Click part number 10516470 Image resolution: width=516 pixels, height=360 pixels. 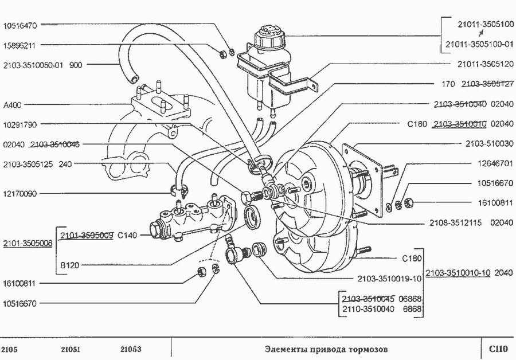20,25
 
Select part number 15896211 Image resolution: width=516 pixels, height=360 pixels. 20,45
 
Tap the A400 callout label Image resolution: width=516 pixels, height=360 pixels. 12,105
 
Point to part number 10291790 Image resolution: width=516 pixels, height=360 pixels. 20,124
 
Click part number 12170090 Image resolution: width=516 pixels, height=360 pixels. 20,194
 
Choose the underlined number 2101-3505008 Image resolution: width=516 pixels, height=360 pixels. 28,243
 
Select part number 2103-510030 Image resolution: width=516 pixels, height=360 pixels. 489,143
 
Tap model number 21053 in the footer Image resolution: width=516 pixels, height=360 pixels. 131,349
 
